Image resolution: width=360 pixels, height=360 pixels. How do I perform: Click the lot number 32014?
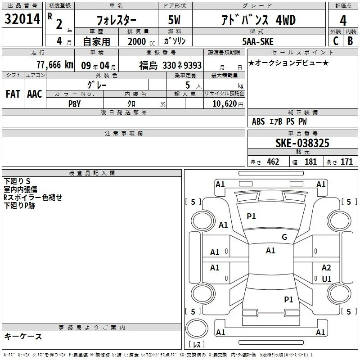click(x=22, y=19)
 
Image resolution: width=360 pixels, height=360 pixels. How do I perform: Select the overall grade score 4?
click(x=343, y=20)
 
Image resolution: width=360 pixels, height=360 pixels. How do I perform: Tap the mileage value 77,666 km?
click(x=55, y=65)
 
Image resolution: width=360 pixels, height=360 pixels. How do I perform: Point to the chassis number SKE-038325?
click(x=302, y=143)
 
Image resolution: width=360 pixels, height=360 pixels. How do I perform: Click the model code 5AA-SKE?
click(x=258, y=41)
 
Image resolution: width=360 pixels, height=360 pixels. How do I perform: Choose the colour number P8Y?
click(x=75, y=104)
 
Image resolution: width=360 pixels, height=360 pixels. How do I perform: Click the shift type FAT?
click(x=13, y=94)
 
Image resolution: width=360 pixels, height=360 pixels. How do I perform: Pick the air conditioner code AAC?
click(x=35, y=94)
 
